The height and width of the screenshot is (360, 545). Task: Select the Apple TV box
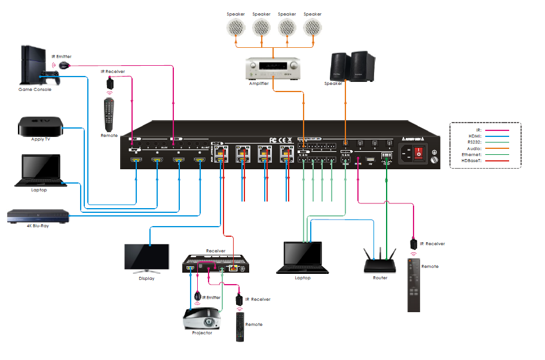pos(41,127)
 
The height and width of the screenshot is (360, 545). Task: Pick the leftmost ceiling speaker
pos(235,27)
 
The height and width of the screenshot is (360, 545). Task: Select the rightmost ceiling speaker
pos(312,27)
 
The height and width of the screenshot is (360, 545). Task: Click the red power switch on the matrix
pos(420,153)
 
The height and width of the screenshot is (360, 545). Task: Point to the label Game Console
pos(35,90)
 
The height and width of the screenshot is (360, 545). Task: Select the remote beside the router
pos(415,284)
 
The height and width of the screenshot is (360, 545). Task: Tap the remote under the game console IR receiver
pos(109,114)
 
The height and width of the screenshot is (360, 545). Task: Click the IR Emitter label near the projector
pos(212,297)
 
